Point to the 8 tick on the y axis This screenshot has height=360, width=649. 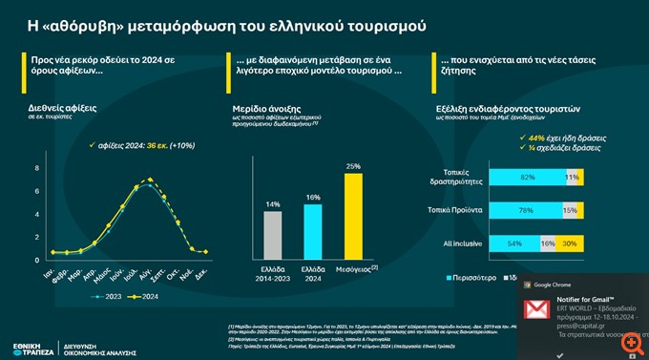point(37,169)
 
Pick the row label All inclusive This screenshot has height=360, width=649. point(462,244)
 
